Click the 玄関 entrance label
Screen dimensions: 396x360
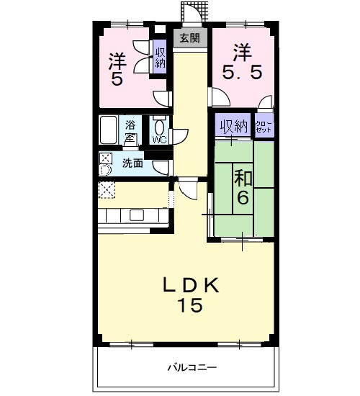coord(189,37)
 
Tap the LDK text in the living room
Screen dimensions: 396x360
coord(190,285)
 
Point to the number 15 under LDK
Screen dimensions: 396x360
coord(190,305)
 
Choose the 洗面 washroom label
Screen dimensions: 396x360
coord(132,163)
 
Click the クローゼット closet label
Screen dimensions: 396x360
coord(264,127)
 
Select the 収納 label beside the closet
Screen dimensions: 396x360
coord(233,126)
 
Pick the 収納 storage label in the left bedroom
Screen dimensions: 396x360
coord(160,57)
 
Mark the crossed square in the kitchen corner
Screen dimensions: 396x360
coord(107,189)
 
